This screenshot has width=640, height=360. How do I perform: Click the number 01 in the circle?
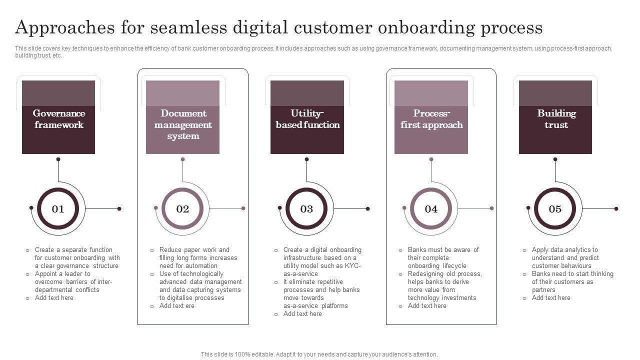click(x=58, y=209)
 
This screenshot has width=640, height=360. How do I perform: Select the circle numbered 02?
click(x=182, y=209)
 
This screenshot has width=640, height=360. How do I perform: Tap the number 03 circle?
click(x=306, y=209)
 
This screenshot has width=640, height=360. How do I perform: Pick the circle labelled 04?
click(x=431, y=209)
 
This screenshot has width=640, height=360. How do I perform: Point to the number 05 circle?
click(x=555, y=209)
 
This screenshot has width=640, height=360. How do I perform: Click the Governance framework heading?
click(x=58, y=119)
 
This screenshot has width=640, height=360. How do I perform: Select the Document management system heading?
click(x=183, y=124)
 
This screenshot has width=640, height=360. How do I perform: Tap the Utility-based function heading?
click(x=307, y=119)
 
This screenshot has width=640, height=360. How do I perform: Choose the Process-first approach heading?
click(x=431, y=119)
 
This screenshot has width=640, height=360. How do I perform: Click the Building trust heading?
click(x=556, y=119)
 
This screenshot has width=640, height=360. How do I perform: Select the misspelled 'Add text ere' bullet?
click(x=176, y=306)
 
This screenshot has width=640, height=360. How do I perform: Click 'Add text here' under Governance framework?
click(x=54, y=298)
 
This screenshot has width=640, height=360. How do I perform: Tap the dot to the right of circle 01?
click(x=119, y=208)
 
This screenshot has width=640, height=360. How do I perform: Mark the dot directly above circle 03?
click(x=306, y=159)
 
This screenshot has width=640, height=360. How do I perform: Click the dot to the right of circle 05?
click(x=616, y=208)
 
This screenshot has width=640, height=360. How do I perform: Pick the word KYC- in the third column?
click(x=352, y=266)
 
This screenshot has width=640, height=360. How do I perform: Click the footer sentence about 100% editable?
click(x=319, y=354)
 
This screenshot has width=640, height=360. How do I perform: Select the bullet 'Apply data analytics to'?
click(x=564, y=250)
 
